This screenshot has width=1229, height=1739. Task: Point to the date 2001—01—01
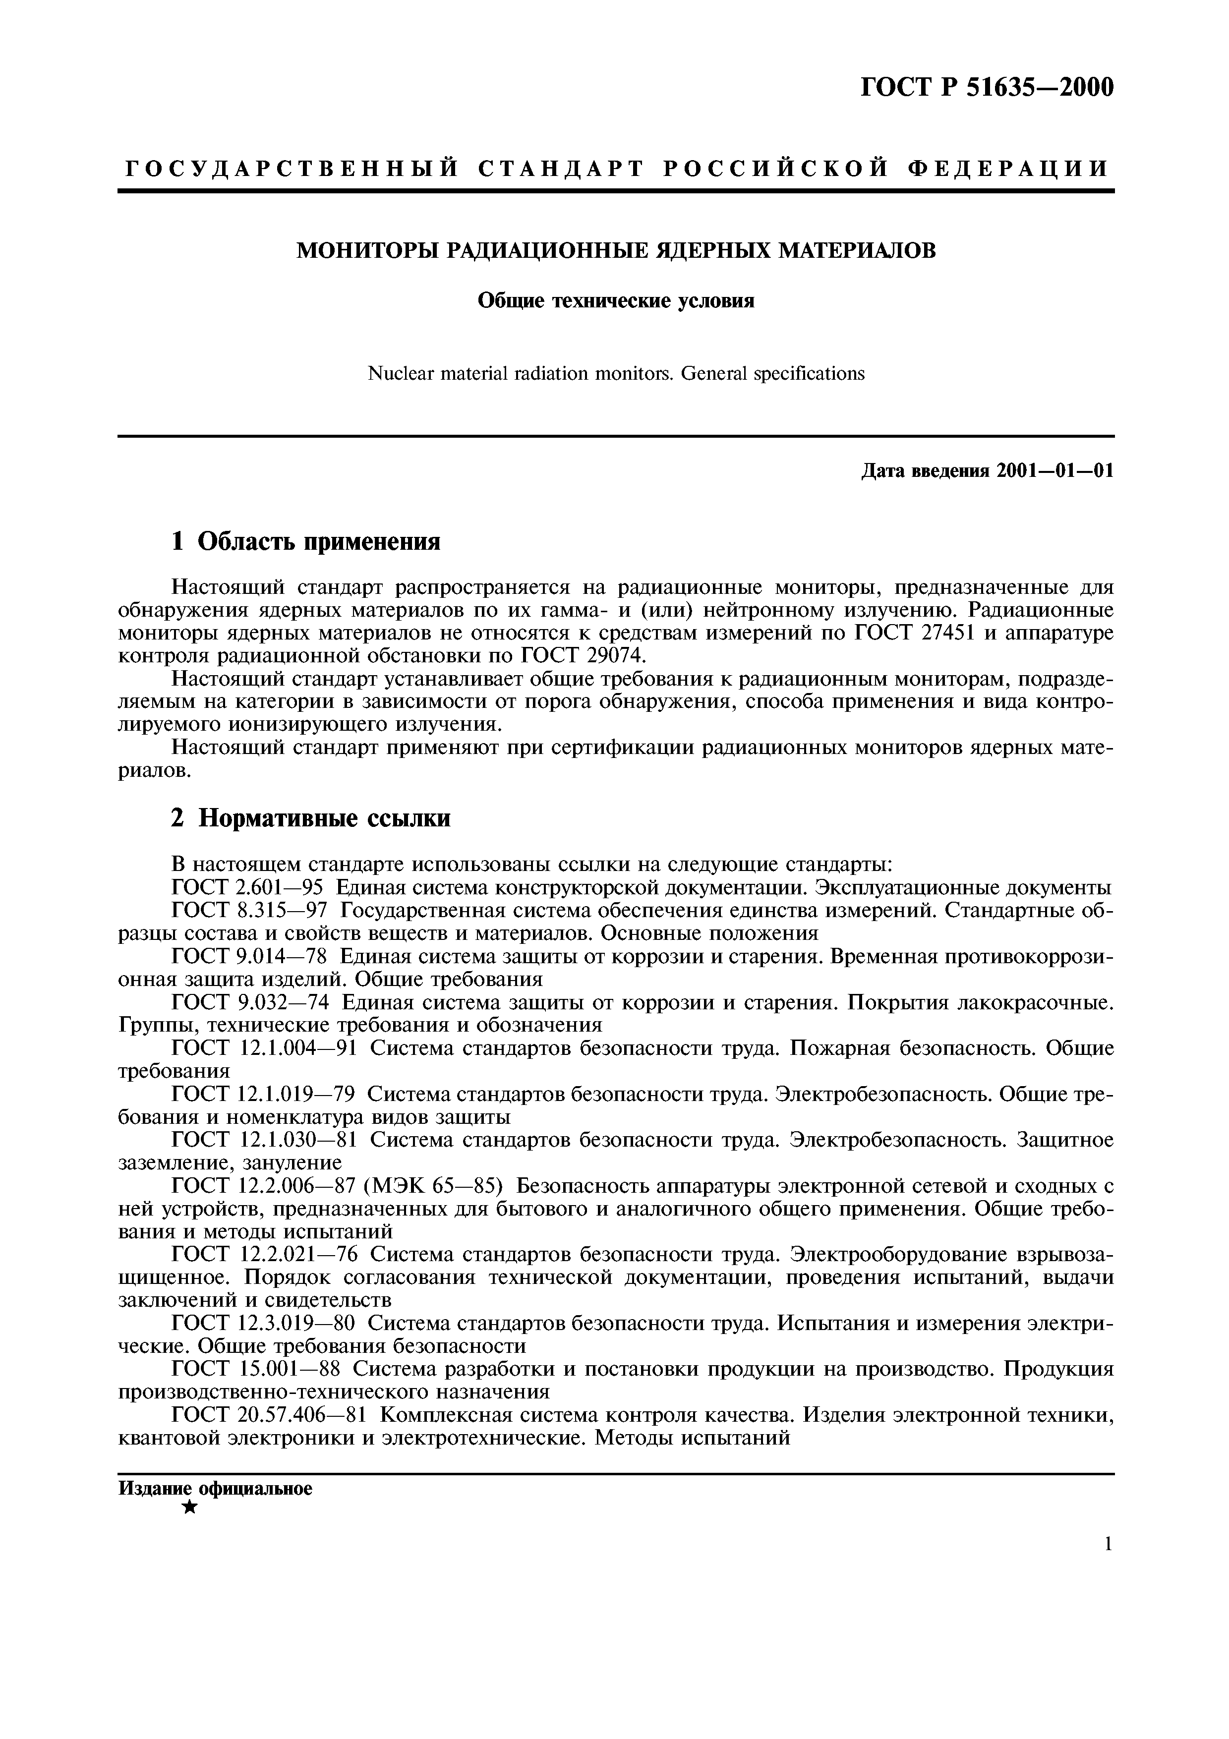pyautogui.click(x=1055, y=471)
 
